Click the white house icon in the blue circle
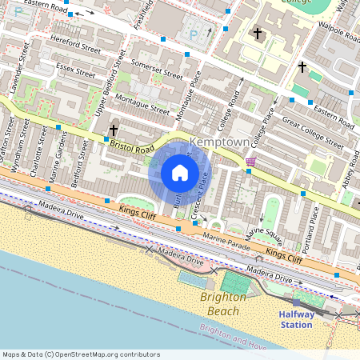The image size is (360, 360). pyautogui.click(x=180, y=173)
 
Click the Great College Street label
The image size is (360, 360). pyautogui.click(x=313, y=133)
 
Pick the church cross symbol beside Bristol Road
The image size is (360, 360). pyautogui.click(x=114, y=130)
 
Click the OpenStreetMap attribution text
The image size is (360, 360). pyautogui.click(x=81, y=354)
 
